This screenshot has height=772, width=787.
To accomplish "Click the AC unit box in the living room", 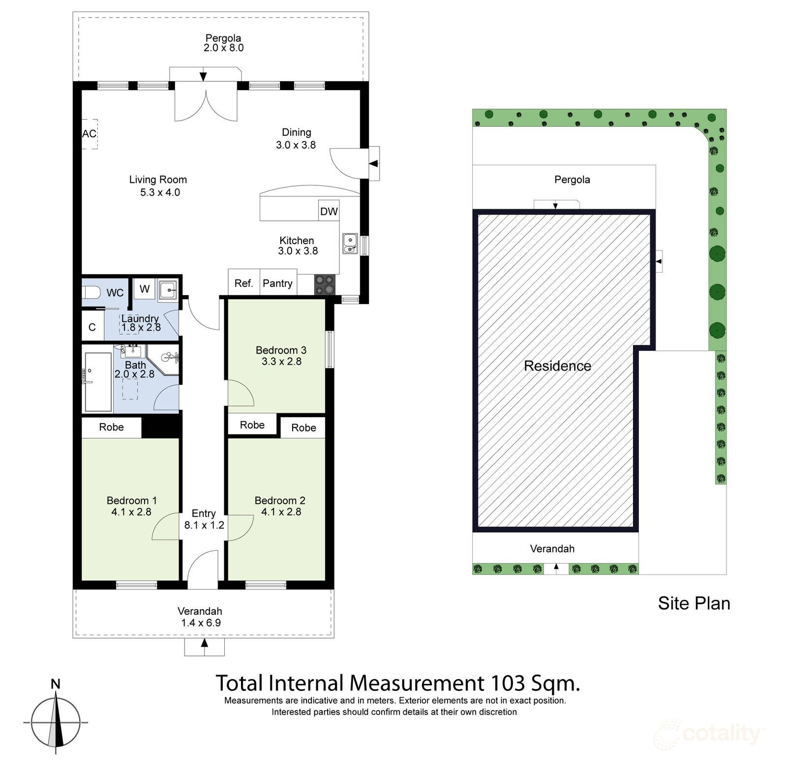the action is pos(90,134).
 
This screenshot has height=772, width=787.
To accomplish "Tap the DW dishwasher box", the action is pos(329,211).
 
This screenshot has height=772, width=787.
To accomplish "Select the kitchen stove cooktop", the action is pos(324,285).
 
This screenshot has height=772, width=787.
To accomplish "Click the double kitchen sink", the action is pos(350,244).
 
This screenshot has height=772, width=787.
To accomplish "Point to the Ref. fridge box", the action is pos(244,282).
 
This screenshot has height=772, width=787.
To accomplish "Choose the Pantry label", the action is pos(277,283).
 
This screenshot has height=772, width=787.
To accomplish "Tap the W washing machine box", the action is pos(145,289).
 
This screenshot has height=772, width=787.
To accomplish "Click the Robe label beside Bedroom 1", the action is pos(111,427).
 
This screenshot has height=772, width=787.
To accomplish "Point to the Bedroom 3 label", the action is pos(281,350).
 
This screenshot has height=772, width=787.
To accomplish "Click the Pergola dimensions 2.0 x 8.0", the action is pos(224,48).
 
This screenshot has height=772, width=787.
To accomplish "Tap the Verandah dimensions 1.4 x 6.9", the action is pos(201,623).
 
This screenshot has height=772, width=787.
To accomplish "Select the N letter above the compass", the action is pos(56,684).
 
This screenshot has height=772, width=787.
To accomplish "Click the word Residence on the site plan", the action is pos(557,366).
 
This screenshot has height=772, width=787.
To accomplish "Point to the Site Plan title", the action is pos(694,604).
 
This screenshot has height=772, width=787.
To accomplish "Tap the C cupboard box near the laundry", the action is pos(92,327).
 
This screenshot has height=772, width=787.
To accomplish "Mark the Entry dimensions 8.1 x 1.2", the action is pos(204,525).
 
